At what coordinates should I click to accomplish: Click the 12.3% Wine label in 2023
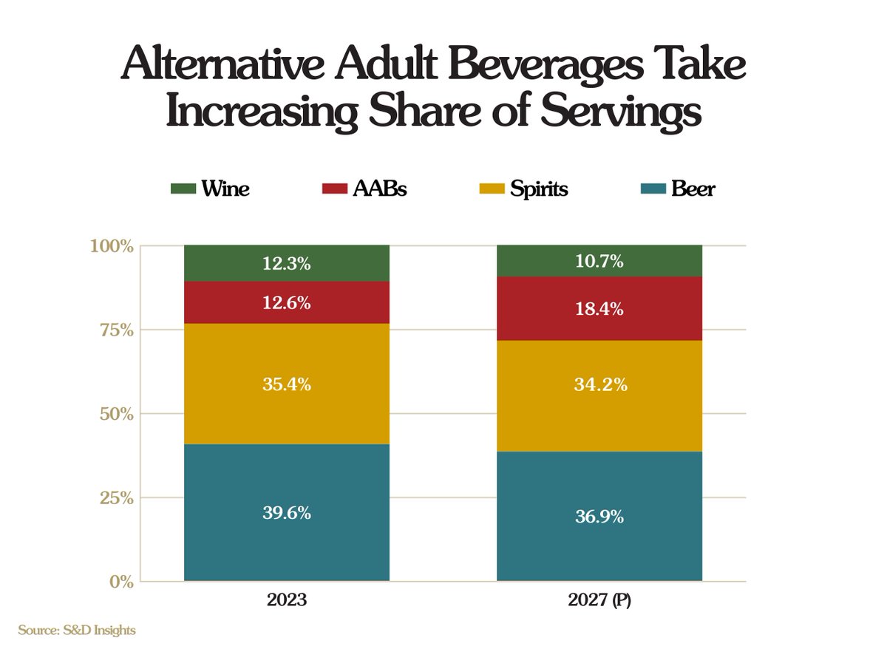point(286,262)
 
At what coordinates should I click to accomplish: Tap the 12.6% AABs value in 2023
point(286,302)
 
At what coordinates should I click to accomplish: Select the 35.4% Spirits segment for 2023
point(286,384)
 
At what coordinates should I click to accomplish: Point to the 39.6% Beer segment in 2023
point(286,512)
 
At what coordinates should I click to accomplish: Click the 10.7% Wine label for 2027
point(599,261)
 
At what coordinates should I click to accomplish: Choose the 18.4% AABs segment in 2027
point(599,308)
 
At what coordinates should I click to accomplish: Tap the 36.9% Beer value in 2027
point(599,517)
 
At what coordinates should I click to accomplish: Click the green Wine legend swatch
point(183,188)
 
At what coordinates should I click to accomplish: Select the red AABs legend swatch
point(334,188)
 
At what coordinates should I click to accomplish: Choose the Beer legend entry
point(693,188)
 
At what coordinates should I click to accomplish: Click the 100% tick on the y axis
point(112,246)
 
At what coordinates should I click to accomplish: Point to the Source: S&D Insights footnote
point(77,631)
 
